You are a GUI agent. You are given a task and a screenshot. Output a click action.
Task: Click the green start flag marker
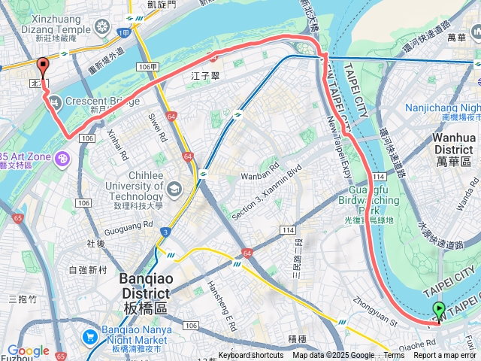[x=439, y=309]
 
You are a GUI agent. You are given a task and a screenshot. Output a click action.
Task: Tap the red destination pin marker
[x=43, y=66]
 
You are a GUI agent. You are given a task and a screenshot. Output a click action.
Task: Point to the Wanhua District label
[x=454, y=144]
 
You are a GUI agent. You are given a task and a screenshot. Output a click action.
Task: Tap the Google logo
[x=28, y=350]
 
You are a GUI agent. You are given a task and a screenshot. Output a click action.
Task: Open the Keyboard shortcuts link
[x=252, y=356]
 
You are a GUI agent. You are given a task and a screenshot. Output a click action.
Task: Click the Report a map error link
[x=444, y=356]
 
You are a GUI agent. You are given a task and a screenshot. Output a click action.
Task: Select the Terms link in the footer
[x=394, y=356]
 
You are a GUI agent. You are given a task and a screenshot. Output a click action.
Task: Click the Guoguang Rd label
[x=129, y=223]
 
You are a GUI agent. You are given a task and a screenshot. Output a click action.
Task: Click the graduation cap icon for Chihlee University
[x=174, y=187]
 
